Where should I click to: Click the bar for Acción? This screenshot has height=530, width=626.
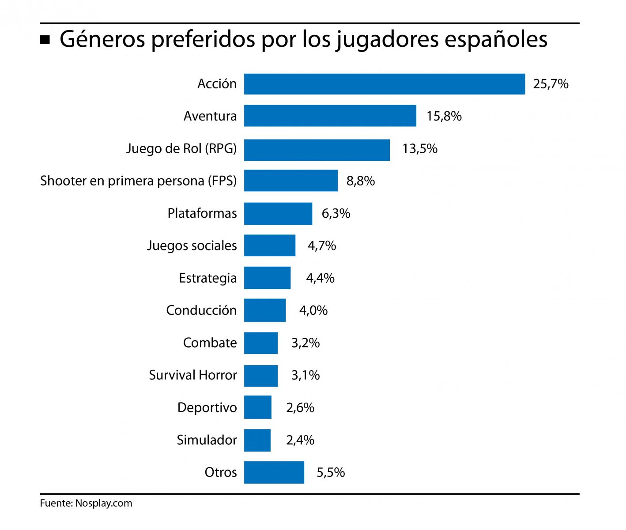tap(385, 84)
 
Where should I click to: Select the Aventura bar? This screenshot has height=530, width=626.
tap(330, 116)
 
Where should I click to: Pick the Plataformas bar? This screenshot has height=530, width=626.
tap(278, 213)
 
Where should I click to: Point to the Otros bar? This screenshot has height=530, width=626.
tap(274, 472)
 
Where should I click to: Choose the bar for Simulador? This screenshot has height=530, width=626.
tap(257, 440)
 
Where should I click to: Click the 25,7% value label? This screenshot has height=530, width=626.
tap(551, 84)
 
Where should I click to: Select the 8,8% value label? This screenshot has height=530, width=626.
tap(361, 181)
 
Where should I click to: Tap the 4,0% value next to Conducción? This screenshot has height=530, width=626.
tap(313, 310)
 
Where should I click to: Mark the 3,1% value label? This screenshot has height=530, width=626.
tap(305, 375)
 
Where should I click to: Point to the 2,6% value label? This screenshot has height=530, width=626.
tap(300, 408)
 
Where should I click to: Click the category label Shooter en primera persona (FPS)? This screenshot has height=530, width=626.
tap(139, 181)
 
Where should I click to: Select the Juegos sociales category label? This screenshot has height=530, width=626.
tap(192, 246)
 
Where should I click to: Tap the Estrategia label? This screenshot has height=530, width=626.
tap(208, 278)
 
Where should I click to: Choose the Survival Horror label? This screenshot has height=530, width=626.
tap(193, 375)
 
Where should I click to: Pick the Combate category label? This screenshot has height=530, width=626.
tap(210, 343)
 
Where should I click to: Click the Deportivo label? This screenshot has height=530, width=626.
tap(207, 408)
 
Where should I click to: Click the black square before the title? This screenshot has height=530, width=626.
tap(45, 41)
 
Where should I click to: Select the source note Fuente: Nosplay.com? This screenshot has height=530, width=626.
tap(86, 503)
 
